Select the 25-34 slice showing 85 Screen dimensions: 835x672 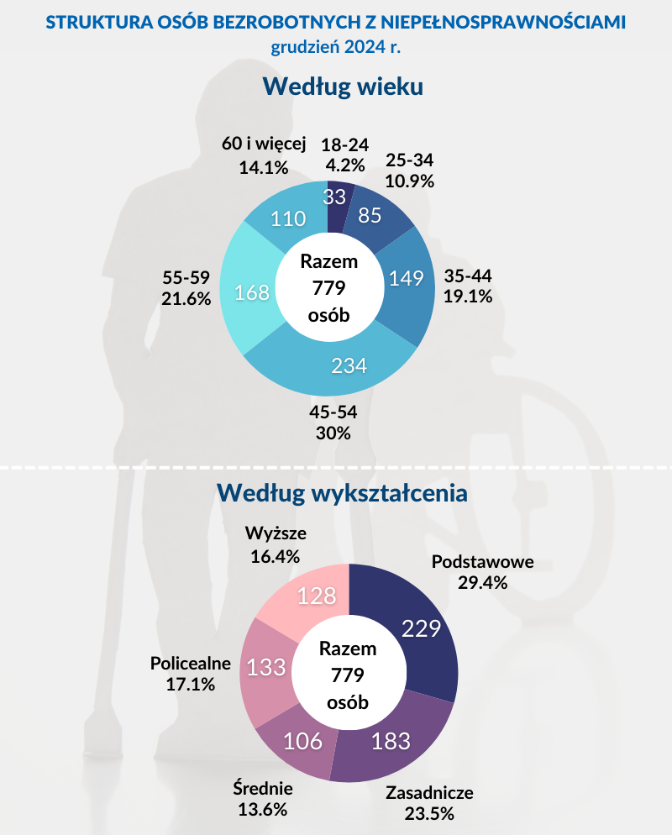[x=370, y=216]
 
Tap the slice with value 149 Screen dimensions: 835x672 [x=407, y=278]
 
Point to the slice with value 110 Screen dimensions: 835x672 [x=287, y=219]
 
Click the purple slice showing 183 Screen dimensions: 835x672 [x=391, y=741]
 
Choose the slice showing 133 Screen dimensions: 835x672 [x=266, y=668]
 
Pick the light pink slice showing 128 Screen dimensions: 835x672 [x=317, y=596]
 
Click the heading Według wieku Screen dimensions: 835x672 [x=342, y=87]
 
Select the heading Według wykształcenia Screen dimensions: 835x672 [x=342, y=492]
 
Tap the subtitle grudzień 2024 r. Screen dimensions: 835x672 [x=335, y=47]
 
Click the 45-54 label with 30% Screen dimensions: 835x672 [x=334, y=423]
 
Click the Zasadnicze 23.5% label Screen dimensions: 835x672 [x=429, y=802]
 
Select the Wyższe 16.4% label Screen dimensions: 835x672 [x=276, y=544]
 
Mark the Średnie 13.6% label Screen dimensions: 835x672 [x=262, y=800]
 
